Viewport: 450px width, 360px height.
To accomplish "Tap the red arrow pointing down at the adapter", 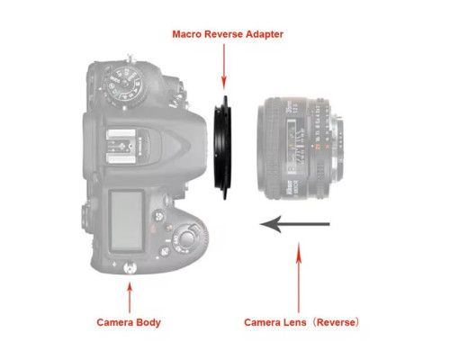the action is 224,67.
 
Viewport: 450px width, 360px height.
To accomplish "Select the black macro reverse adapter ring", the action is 222,148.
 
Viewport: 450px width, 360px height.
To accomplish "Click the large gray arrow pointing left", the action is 294,224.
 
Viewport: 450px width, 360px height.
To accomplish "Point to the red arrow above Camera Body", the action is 130,298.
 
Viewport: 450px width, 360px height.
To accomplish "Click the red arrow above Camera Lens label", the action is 299,278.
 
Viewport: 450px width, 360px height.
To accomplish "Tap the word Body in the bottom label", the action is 148,322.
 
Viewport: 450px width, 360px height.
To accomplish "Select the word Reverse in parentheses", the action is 336,322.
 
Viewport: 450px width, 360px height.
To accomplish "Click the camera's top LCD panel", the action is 126,220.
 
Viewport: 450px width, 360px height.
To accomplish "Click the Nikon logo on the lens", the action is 290,189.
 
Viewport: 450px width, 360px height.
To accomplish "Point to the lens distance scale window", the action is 295,146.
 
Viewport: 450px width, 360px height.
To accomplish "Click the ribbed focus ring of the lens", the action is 271,148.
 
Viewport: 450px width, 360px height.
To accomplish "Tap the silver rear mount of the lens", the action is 339,148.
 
